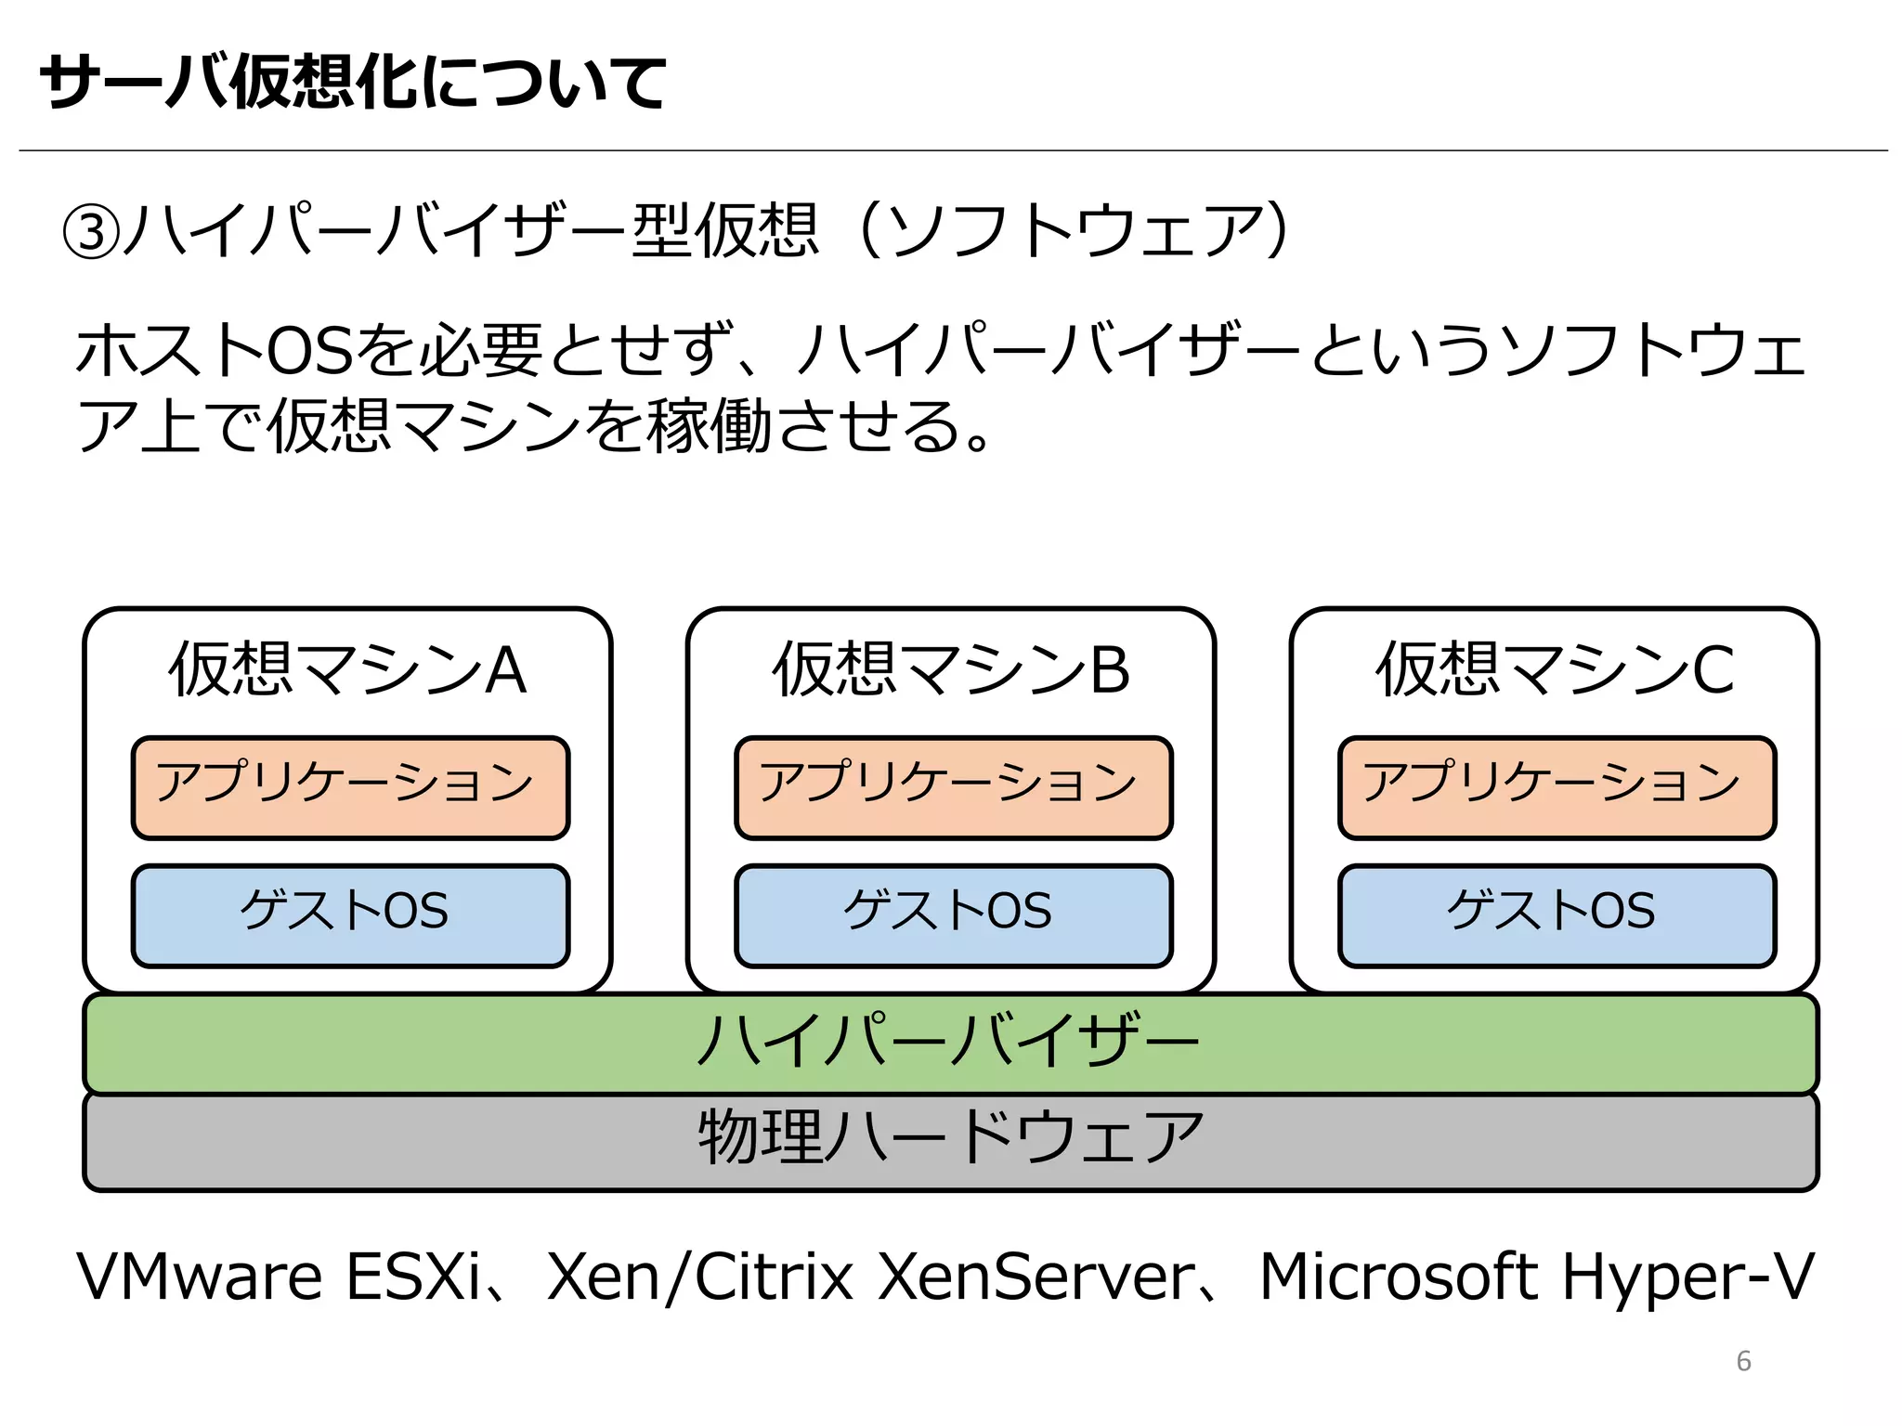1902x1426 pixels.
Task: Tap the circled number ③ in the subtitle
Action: coord(90,232)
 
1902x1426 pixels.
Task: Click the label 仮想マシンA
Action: coord(347,669)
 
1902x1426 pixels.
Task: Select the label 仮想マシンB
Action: coord(951,669)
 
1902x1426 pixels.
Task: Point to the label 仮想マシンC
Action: coord(1555,669)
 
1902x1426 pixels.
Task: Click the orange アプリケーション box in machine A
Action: coord(350,787)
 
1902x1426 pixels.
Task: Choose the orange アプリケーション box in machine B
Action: coord(954,787)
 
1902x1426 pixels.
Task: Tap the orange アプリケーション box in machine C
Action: coord(1557,787)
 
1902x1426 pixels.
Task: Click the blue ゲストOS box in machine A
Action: coord(350,915)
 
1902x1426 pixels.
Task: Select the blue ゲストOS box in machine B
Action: coord(954,915)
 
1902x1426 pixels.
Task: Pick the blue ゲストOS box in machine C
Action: coord(1557,915)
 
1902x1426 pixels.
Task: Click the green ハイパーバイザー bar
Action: coord(950,1043)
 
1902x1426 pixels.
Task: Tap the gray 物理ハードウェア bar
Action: coord(950,1141)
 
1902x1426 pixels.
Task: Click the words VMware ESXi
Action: coord(279,1277)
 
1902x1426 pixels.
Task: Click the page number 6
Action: coord(1743,1361)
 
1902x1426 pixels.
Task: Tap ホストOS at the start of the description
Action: coord(214,352)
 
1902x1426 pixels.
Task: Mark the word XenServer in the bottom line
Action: coord(1036,1277)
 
